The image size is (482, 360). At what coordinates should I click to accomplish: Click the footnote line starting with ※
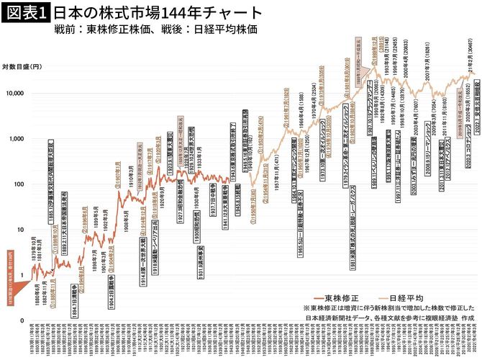[391, 307]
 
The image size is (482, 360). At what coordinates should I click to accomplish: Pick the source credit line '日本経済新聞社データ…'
[391, 317]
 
